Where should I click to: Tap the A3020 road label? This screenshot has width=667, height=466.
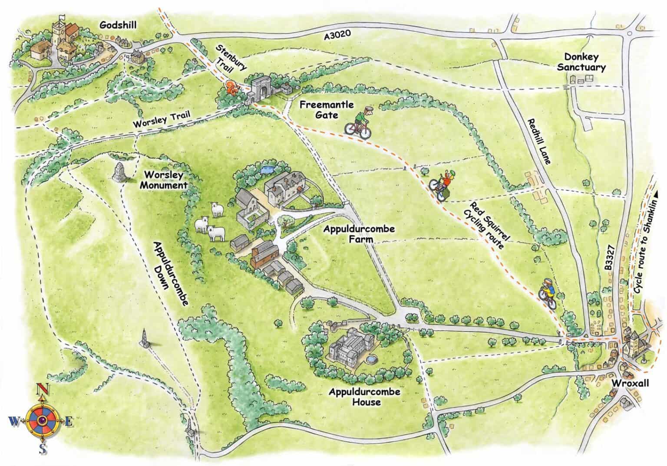[x=337, y=36]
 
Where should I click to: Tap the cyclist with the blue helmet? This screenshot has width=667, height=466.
[x=548, y=293]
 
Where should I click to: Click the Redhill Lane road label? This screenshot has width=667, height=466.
[x=540, y=141]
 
